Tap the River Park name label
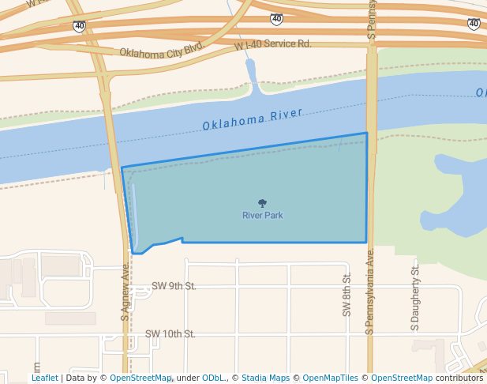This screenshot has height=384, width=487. click(262, 215)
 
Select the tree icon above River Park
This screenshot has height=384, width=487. click(262, 203)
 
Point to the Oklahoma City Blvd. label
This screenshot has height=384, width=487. click(162, 51)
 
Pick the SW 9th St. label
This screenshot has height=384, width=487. click(174, 286)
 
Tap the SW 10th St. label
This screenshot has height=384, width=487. click(170, 334)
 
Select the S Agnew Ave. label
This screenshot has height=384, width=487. click(125, 292)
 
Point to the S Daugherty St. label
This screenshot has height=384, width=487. click(416, 295)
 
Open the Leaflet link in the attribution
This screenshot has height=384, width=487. click(44, 378)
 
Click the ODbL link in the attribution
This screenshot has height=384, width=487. click(212, 378)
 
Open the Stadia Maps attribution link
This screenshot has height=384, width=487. click(265, 378)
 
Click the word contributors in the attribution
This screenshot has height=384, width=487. click(459, 378)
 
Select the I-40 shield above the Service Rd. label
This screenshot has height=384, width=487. click(275, 19)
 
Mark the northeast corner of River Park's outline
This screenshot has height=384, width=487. click(367, 134)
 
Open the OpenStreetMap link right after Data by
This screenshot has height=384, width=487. click(140, 378)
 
